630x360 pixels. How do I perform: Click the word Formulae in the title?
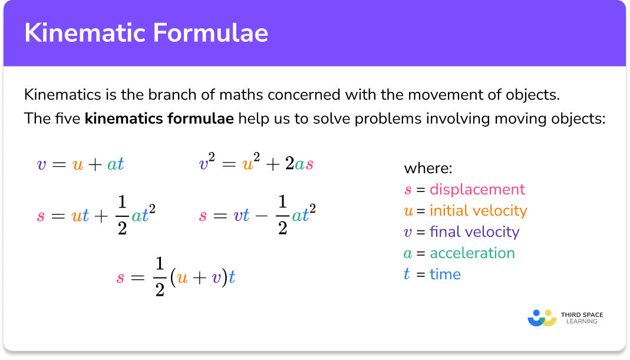tap(210, 33)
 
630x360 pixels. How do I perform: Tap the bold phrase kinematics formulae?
tap(159, 118)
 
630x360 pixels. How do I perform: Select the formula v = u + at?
tap(80, 164)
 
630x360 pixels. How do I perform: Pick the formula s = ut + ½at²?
tap(97, 215)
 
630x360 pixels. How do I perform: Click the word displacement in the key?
tap(477, 189)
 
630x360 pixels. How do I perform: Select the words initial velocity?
tap(478, 210)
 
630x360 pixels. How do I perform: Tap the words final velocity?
tap(474, 232)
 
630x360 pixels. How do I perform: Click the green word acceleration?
tap(472, 253)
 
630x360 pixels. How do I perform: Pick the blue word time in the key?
tap(445, 274)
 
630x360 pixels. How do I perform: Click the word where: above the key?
tap(428, 169)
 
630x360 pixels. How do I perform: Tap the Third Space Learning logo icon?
tap(542, 318)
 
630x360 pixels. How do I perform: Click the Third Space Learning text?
tap(582, 318)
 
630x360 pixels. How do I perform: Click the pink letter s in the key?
tap(408, 190)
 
